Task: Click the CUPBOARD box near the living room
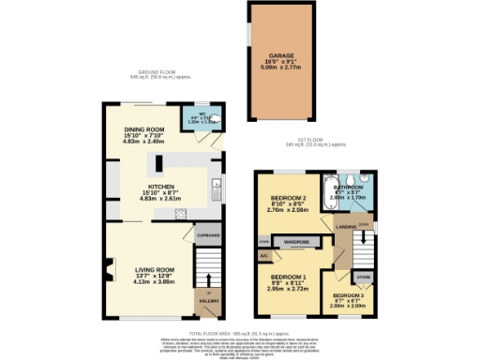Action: coord(207,235)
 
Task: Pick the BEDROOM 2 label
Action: coord(285,199)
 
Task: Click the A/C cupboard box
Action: coord(263,255)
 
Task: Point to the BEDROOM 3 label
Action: coord(348,296)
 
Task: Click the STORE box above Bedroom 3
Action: coord(361,277)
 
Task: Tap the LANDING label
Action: coord(346,226)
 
